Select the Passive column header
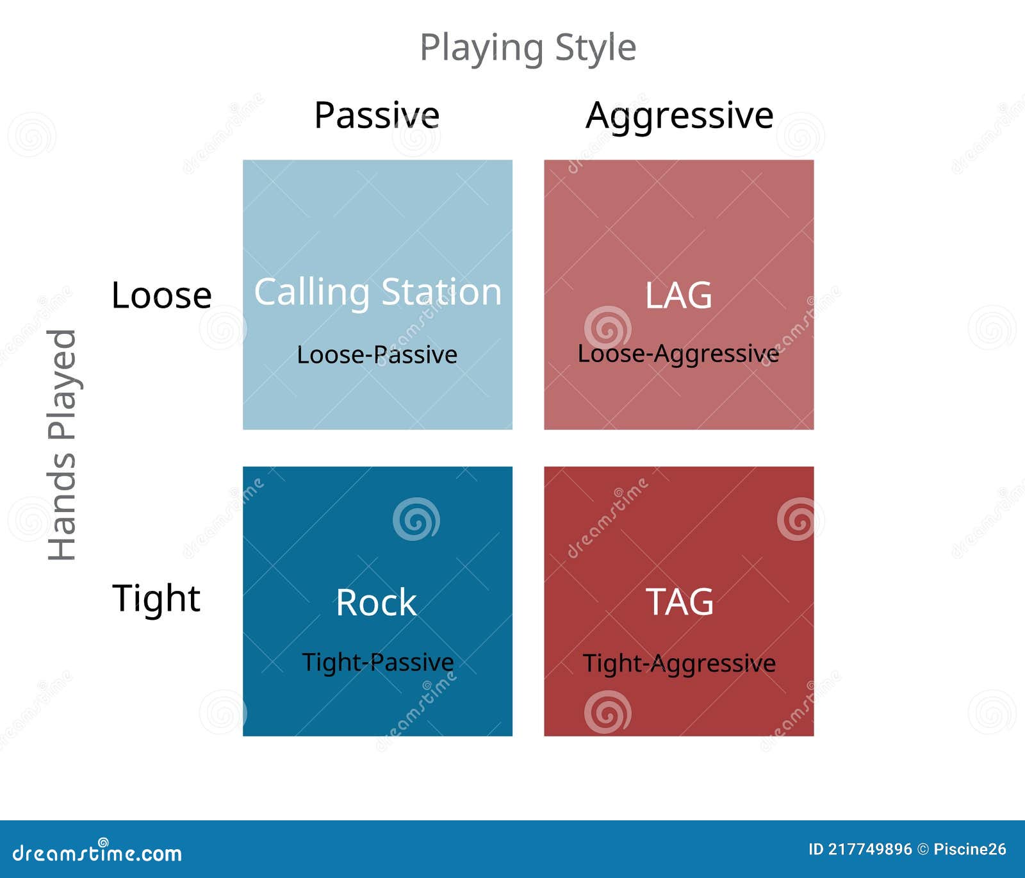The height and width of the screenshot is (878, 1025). click(377, 115)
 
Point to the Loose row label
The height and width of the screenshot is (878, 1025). click(161, 295)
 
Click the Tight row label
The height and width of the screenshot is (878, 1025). click(156, 599)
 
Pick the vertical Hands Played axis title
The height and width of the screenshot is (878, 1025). click(63, 445)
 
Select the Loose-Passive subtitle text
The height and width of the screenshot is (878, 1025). click(377, 354)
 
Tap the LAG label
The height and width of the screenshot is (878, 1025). click(678, 295)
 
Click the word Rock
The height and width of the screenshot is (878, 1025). click(377, 602)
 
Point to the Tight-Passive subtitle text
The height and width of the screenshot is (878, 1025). click(378, 663)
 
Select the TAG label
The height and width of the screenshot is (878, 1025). click(680, 602)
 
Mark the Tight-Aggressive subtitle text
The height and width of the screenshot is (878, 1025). click(679, 664)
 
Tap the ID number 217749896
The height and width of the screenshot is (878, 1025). click(870, 850)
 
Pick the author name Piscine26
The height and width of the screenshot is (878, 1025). click(970, 850)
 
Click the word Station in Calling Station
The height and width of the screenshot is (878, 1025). click(441, 292)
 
